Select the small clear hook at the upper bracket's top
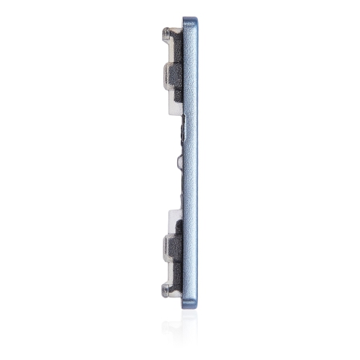(167, 32)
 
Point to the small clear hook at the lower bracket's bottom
(167, 289)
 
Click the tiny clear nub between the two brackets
(177, 154)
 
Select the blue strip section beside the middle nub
(190, 154)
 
